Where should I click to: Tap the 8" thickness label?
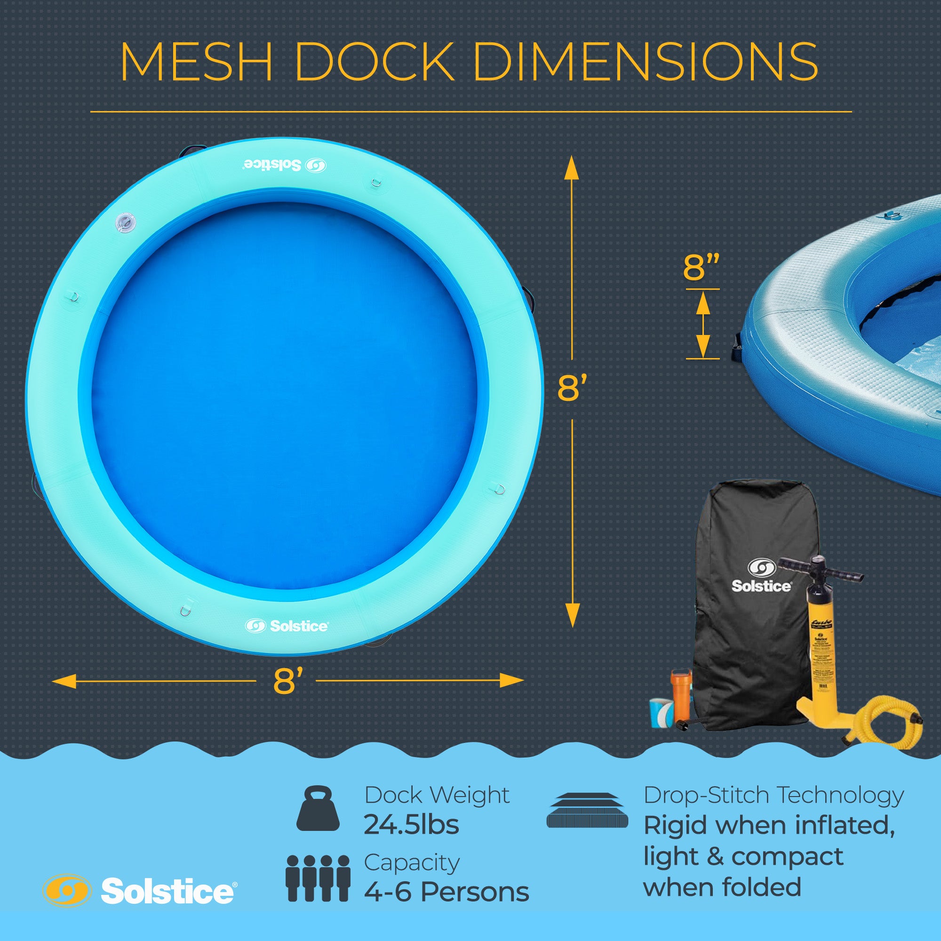(x=701, y=267)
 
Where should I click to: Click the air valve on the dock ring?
(x=125, y=223)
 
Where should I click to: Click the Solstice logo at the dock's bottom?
(x=287, y=626)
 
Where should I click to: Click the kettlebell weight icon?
(x=318, y=808)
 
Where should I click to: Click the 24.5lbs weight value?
(x=411, y=825)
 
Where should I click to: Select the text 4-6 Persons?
(x=446, y=892)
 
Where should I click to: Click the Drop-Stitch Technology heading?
(x=774, y=795)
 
